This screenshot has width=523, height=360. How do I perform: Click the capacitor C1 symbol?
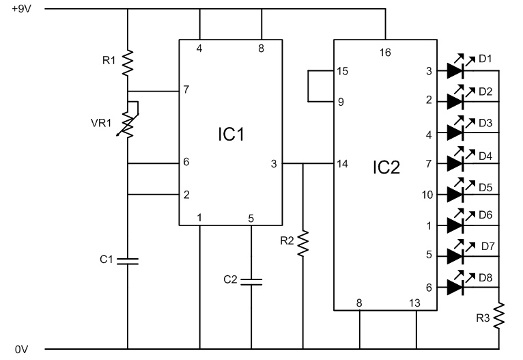click(128, 260)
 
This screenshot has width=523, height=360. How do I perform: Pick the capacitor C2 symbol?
click(251, 280)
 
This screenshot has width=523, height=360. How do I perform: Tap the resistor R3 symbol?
click(500, 316)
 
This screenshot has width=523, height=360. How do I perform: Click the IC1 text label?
click(231, 134)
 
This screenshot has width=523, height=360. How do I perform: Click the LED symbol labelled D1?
click(456, 70)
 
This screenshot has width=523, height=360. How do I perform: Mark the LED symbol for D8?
click(456, 288)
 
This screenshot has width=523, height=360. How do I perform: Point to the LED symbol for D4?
click(456, 163)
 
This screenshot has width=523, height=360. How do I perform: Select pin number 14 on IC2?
click(341, 164)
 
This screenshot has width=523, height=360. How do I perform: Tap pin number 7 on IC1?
click(185, 90)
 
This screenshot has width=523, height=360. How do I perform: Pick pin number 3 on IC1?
click(274, 164)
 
